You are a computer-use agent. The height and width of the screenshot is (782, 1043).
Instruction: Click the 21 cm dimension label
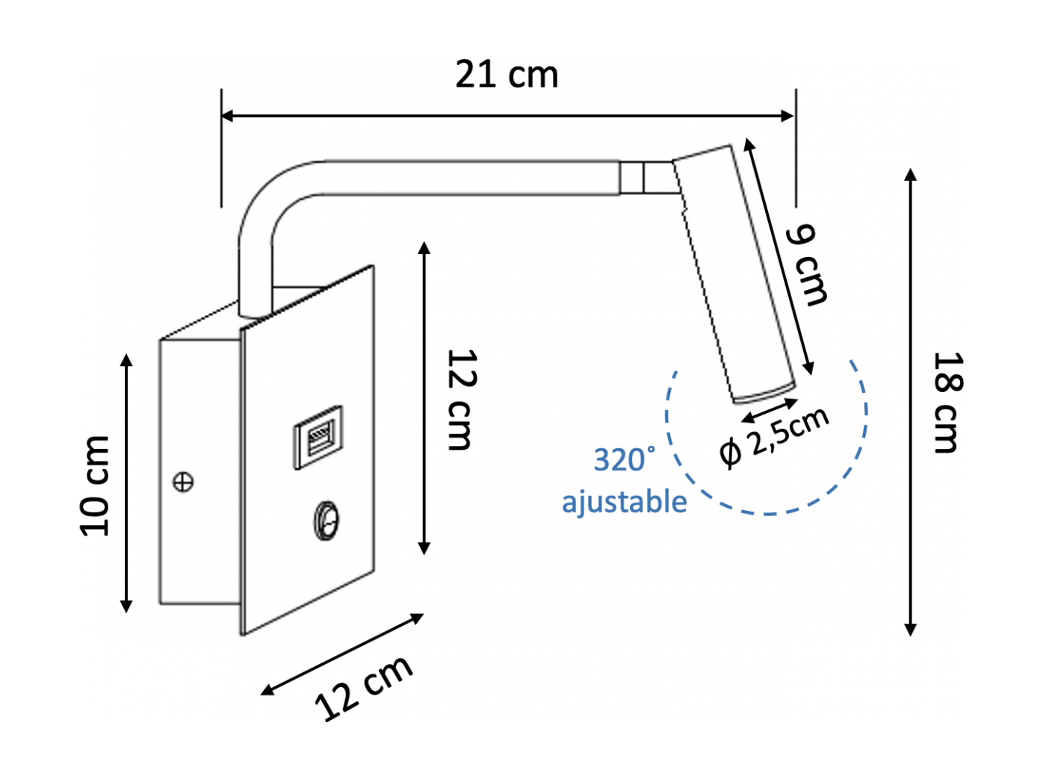pyautogui.click(x=507, y=75)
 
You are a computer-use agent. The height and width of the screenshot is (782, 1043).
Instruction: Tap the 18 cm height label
pyautogui.click(x=947, y=403)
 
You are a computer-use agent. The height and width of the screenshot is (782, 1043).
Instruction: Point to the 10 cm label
pyautogui.click(x=94, y=486)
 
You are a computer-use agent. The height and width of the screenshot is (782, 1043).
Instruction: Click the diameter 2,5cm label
pyautogui.click(x=774, y=438)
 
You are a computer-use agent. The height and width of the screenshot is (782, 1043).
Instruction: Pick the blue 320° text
pyautogui.click(x=625, y=459)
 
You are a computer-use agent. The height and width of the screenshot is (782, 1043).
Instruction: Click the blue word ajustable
pyautogui.click(x=625, y=501)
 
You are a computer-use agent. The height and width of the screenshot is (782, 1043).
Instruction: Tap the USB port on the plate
pyautogui.click(x=318, y=437)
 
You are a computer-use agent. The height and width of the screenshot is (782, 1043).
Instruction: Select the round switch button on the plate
pyautogui.click(x=326, y=521)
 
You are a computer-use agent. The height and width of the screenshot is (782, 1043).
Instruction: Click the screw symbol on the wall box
pyautogui.click(x=183, y=482)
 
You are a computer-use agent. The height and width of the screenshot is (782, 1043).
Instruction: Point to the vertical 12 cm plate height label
pyautogui.click(x=462, y=400)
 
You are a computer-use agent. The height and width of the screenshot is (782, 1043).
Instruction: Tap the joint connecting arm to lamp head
pyautogui.click(x=649, y=178)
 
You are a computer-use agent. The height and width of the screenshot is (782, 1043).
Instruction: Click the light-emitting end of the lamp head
pyautogui.click(x=764, y=393)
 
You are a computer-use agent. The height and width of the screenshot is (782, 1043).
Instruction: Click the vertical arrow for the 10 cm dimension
pyautogui.click(x=126, y=483)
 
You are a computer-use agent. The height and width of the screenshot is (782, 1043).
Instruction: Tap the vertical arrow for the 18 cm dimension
pyautogui.click(x=910, y=402)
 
